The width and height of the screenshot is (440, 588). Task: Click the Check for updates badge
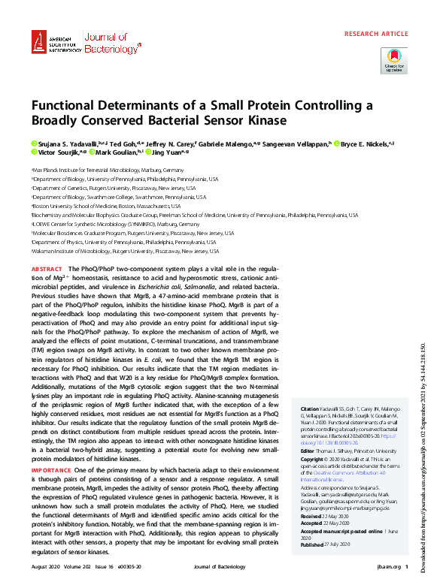coord(394,60)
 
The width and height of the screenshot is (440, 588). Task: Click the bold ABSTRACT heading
coord(47,268)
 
